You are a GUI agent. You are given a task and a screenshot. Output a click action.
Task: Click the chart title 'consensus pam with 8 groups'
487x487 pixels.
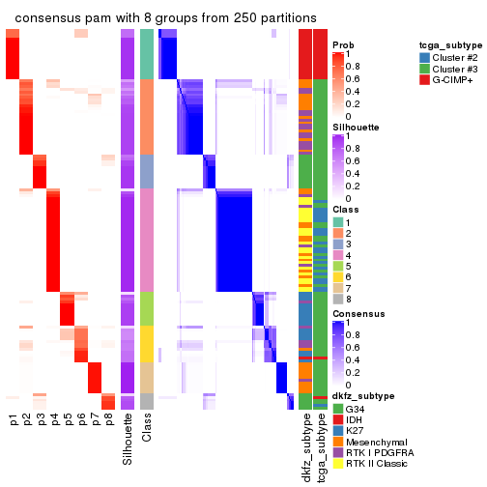click(x=165, y=18)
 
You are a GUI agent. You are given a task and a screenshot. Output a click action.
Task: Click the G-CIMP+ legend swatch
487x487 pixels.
click(x=425, y=83)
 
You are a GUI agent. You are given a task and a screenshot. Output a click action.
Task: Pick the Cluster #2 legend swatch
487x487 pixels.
click(x=425, y=57)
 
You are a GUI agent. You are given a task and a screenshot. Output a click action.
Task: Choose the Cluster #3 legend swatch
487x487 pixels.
click(x=425, y=70)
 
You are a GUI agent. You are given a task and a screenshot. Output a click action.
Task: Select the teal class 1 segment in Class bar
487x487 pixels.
click(x=147, y=53)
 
